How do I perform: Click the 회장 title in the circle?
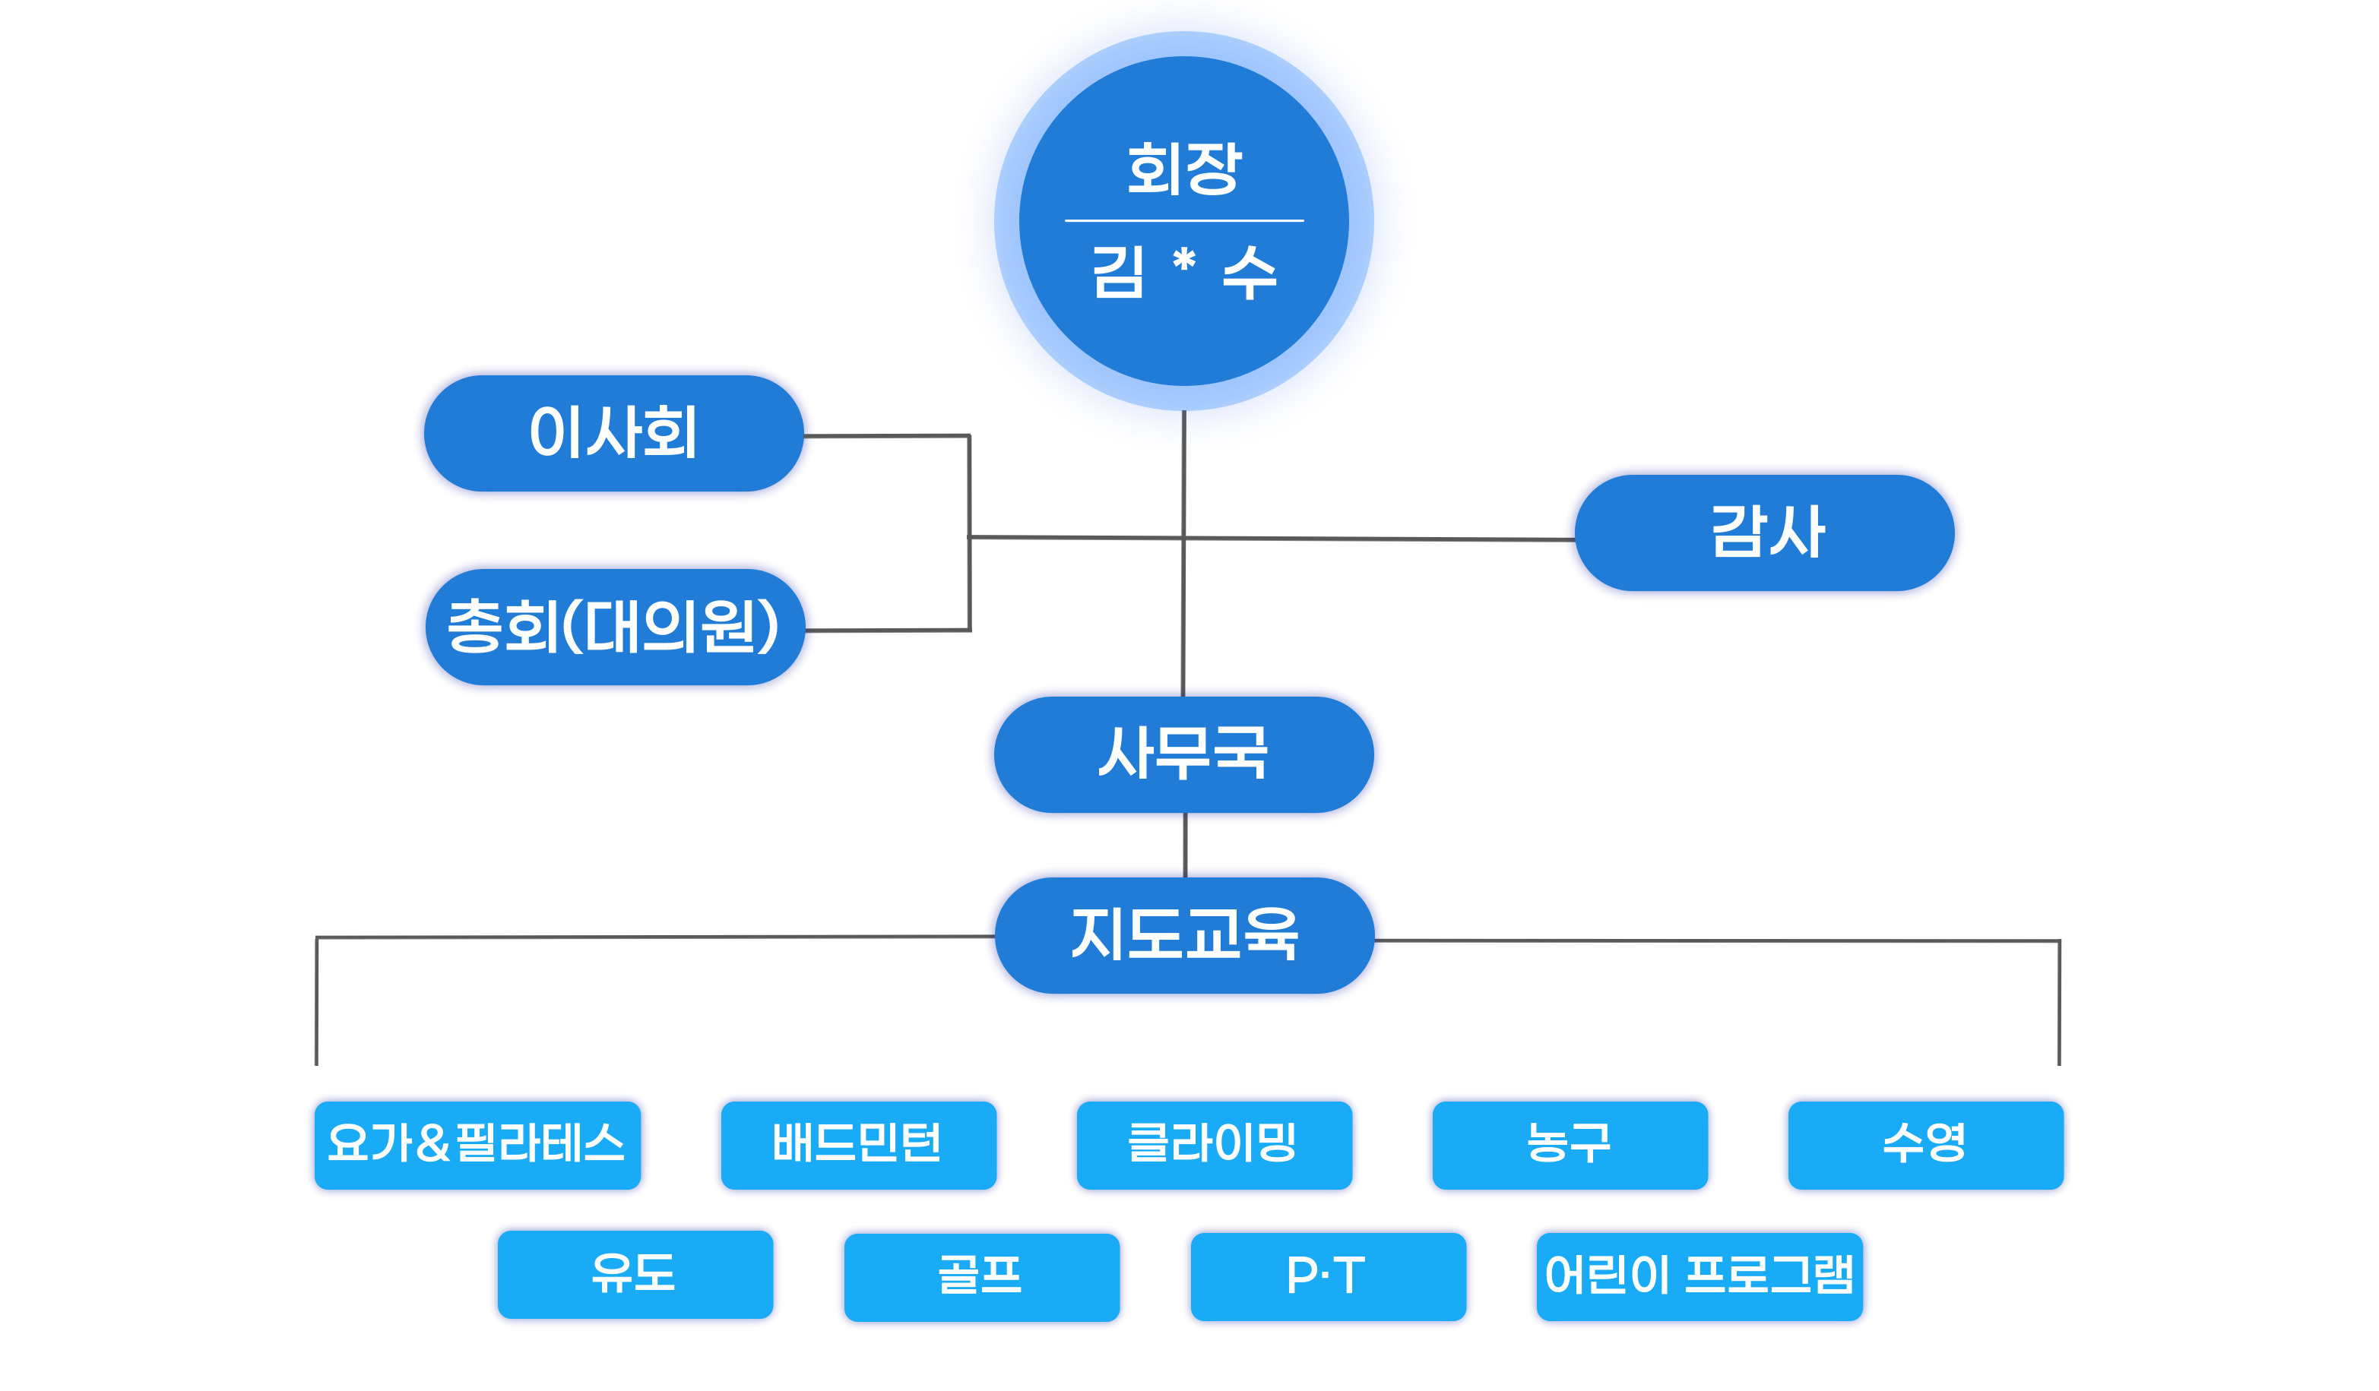coord(1184,169)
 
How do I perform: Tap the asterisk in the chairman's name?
coord(1184,258)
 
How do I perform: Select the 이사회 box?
coord(613,433)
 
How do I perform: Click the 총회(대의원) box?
coord(615,627)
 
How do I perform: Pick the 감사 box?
coord(1763,533)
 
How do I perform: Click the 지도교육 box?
coord(1184,935)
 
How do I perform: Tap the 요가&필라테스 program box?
coord(477,1145)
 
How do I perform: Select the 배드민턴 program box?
coord(858,1145)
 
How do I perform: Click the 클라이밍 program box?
coord(1214,1145)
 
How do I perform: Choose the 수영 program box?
coord(1925,1145)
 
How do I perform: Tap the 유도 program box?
coord(635,1274)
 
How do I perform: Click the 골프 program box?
coord(981,1277)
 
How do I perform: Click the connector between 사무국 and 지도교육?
coord(1185,845)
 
